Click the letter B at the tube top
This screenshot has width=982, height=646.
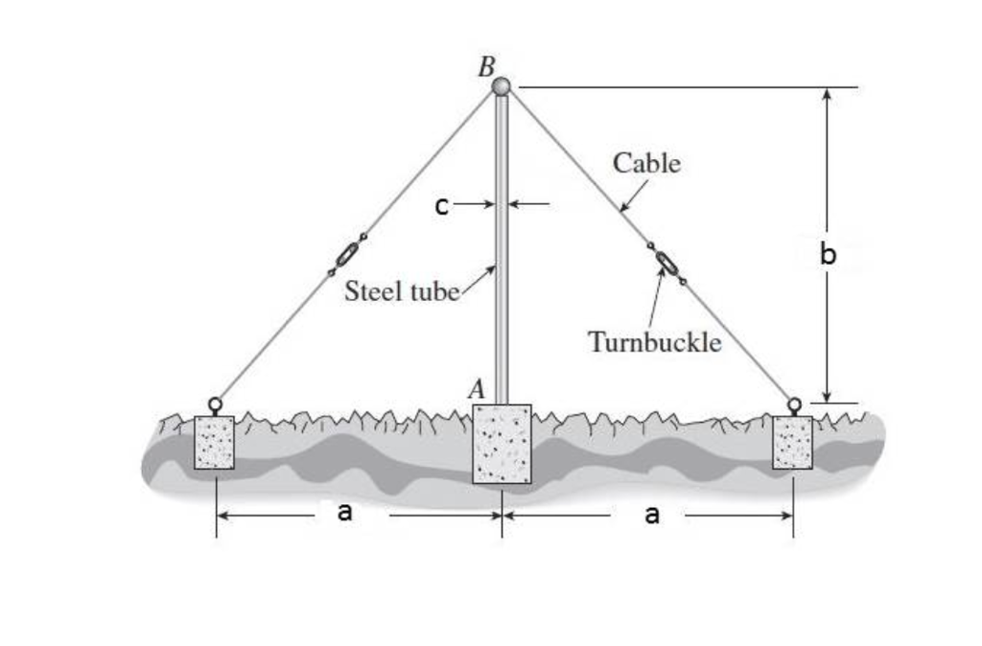486,67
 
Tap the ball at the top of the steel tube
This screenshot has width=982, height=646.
502,86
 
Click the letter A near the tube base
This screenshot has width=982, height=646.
477,388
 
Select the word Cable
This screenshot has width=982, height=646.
647,163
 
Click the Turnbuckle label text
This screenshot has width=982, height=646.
654,341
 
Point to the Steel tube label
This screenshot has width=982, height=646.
402,290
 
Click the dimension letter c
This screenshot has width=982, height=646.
440,205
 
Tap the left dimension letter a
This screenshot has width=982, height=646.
345,514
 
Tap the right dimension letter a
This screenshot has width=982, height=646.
652,516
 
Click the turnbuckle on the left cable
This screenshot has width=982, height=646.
346,255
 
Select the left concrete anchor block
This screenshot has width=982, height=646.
214,443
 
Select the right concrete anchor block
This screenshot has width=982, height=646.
793,443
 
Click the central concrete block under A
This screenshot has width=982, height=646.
502,443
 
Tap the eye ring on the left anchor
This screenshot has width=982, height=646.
215,404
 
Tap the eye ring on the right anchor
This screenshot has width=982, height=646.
794,404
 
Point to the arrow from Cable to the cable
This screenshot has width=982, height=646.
633,195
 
